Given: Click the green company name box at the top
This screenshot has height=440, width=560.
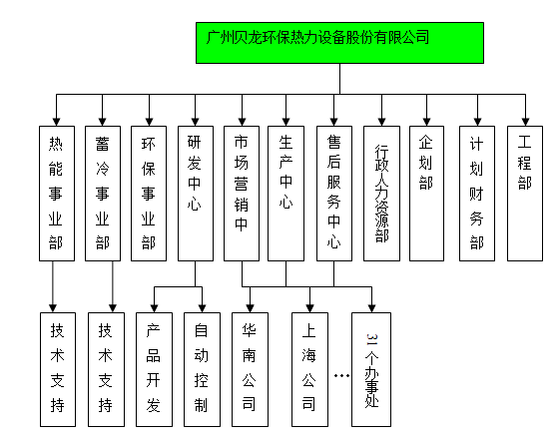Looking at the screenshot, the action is coord(339,43).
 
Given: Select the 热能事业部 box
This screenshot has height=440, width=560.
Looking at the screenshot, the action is coord(57,194).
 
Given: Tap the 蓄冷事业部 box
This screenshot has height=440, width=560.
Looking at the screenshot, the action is coord(103,194).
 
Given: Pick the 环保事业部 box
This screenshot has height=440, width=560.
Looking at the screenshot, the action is coord(149,194).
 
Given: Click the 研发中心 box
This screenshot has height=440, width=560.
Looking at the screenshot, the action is coord(196,194).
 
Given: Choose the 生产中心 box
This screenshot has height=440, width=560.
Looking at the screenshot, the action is coord(285,194).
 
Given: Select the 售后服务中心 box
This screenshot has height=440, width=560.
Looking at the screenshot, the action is coord(334,194).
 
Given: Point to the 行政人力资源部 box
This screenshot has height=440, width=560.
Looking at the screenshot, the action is coord(381,194).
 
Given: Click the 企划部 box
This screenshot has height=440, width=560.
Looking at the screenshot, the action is coord(426,194).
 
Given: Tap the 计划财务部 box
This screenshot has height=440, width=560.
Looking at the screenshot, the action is coord(477,194).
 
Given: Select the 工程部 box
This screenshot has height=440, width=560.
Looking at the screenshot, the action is coord(525,194).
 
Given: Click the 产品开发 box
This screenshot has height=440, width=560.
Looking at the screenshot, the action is coord(154,369).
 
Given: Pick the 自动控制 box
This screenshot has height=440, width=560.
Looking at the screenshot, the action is coord(202,369).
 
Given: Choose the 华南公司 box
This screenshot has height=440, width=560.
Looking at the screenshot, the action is coord(250,369).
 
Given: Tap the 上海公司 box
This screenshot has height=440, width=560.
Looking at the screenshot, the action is coord(309,369).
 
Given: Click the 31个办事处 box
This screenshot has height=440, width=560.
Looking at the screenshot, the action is coord(371,369).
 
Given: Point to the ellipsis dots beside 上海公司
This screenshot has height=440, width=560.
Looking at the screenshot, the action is coord(341,375).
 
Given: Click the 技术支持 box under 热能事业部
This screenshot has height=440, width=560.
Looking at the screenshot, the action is coord(58,369).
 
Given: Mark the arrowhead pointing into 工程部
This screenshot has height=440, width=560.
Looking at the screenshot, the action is coord(525,122).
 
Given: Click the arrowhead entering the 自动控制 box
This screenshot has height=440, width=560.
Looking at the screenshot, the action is coord(203,308).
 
